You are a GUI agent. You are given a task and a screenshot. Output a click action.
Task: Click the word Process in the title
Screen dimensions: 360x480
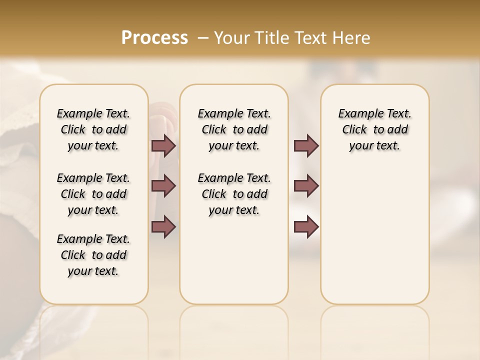coord(154,38)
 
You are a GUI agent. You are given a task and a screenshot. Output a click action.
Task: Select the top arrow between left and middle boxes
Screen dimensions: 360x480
coord(163,146)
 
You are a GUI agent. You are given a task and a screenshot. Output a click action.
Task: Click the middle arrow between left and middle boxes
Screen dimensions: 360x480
coord(163,186)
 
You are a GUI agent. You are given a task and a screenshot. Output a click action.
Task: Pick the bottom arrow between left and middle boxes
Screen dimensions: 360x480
coord(163,227)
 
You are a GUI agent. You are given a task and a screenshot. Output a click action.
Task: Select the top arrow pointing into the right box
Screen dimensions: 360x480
coord(306,146)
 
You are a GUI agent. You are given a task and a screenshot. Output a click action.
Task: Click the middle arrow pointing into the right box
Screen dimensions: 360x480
coord(306,186)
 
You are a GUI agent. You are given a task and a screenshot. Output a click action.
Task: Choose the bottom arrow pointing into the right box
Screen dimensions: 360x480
coord(306,227)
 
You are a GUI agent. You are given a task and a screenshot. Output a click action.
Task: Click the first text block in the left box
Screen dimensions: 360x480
coord(93,129)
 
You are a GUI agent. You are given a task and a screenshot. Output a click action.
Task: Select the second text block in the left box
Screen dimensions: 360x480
coord(93,194)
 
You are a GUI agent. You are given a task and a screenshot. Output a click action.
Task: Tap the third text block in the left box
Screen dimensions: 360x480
coord(93,255)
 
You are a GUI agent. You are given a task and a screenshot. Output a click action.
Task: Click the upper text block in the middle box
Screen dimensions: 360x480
coord(234,129)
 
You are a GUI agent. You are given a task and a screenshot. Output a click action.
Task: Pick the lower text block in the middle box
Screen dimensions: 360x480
coord(234,194)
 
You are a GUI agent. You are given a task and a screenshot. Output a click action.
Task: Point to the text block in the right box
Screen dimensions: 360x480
coord(374,129)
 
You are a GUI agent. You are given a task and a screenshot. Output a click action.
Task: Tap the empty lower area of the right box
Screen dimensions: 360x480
coord(374,235)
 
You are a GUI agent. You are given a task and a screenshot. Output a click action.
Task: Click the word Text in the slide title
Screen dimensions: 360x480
coord(310,38)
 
